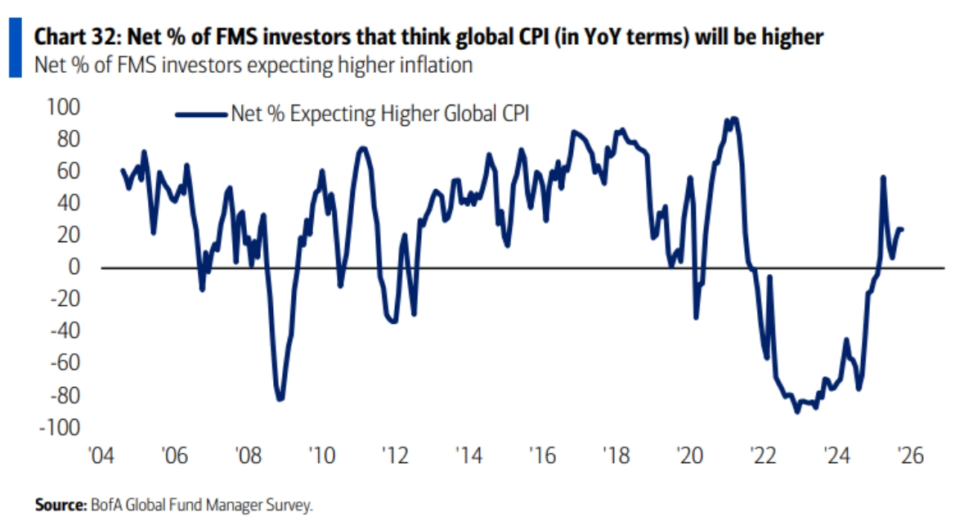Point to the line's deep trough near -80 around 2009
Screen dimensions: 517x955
[280, 398]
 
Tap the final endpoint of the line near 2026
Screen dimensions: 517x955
[902, 229]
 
